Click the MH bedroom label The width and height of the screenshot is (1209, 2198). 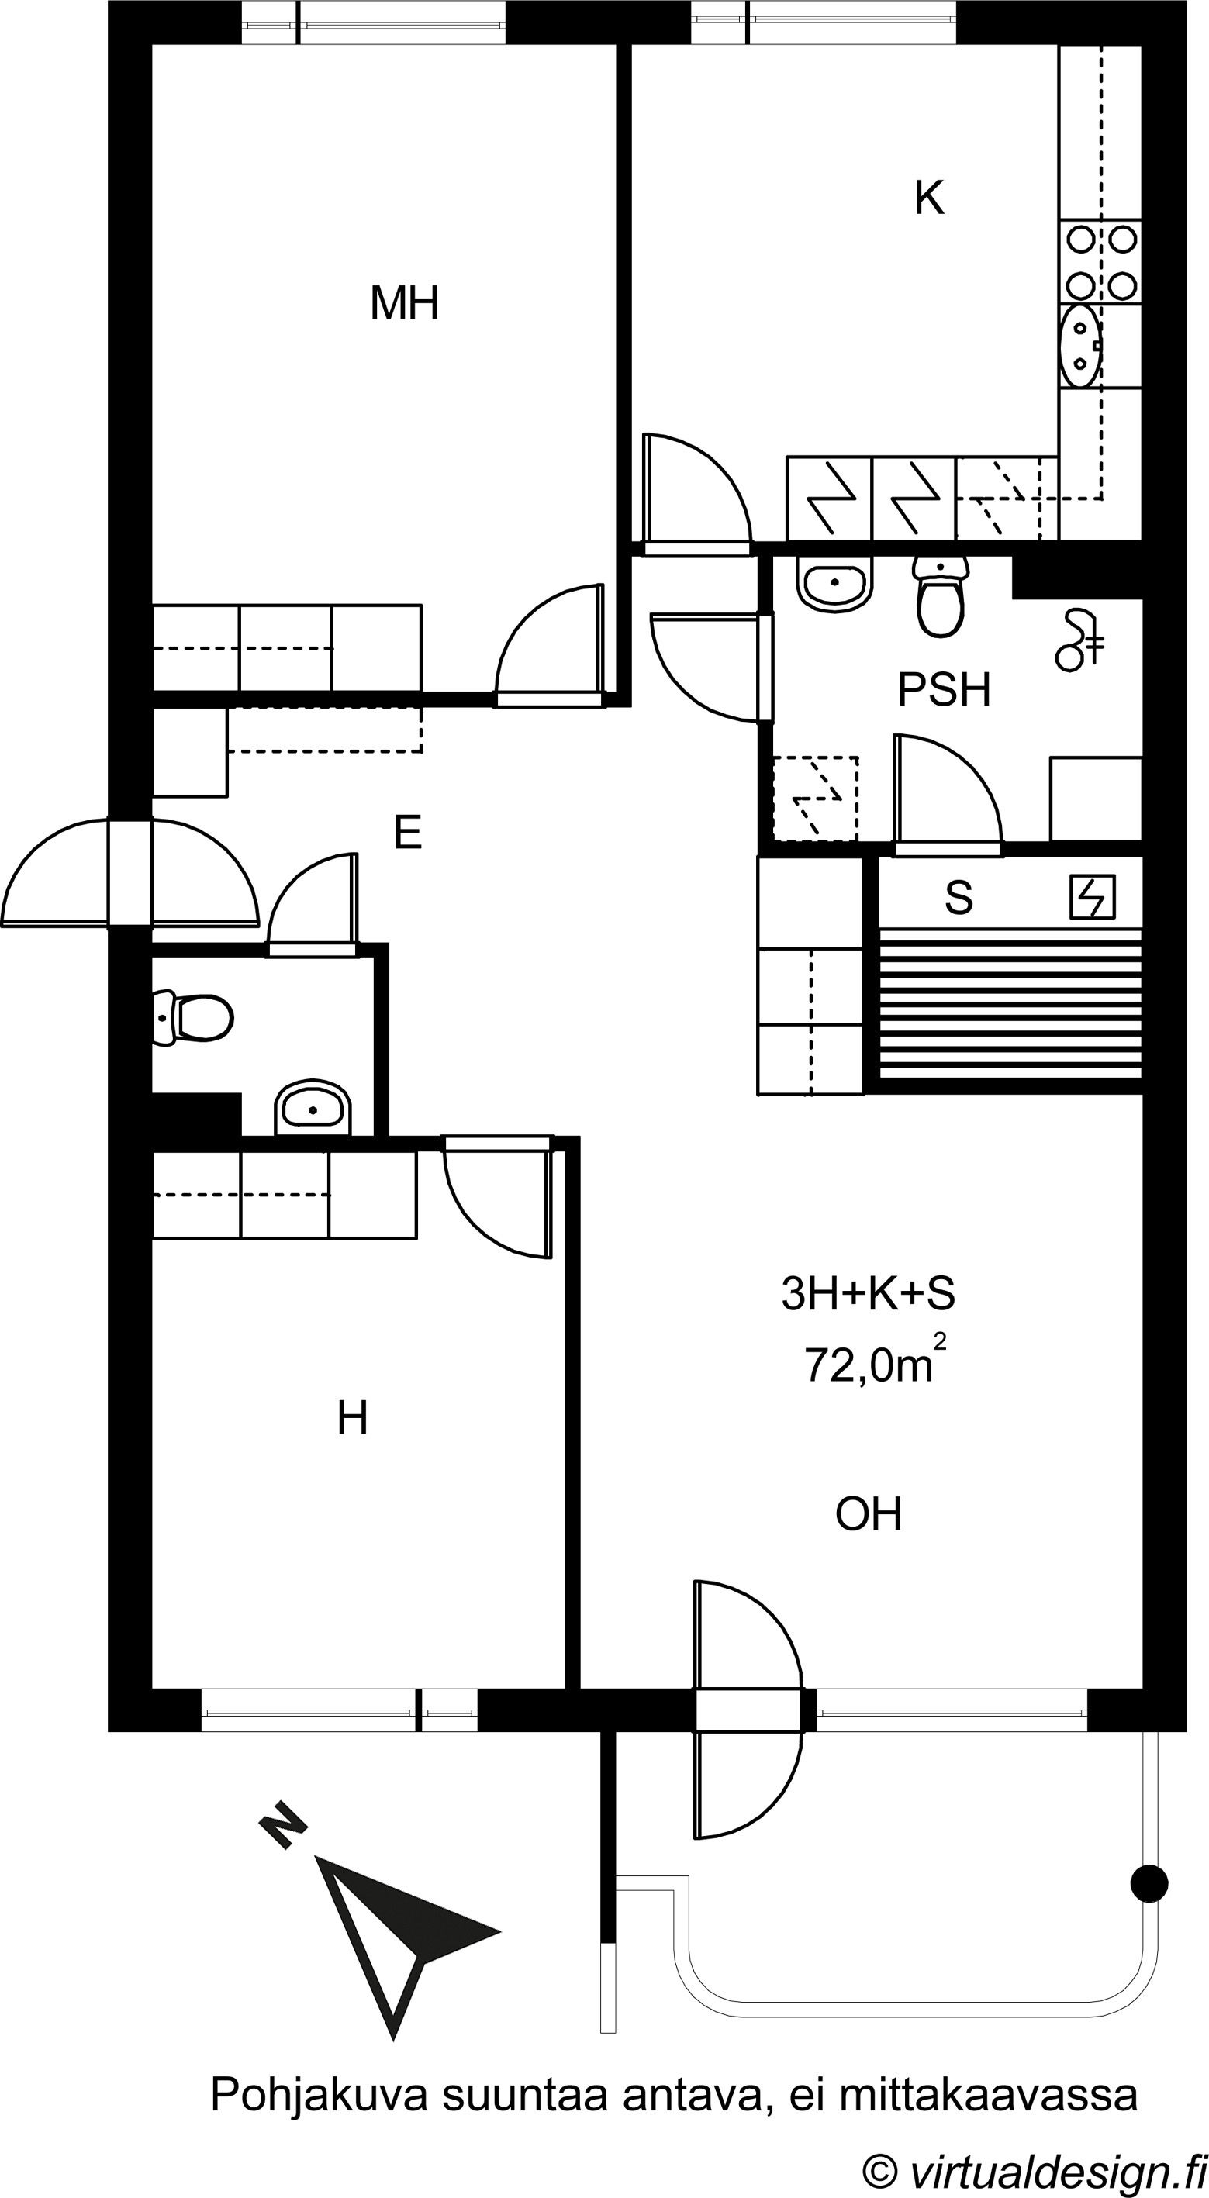click(405, 303)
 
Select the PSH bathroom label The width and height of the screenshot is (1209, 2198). click(944, 690)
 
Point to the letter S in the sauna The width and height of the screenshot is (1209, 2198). click(959, 898)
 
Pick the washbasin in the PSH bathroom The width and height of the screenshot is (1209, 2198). click(835, 583)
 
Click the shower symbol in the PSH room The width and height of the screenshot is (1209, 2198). click(1080, 640)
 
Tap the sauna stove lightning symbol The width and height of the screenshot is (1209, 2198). click(1093, 898)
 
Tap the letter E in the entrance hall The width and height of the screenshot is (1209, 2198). click(409, 832)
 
